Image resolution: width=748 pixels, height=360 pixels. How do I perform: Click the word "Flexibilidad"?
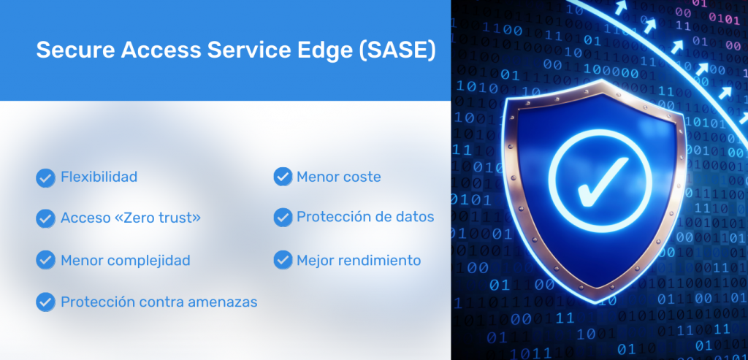pos(99,177)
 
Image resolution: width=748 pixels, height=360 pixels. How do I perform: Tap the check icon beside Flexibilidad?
pos(45,178)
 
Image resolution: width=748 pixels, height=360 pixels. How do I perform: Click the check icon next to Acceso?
pos(45,218)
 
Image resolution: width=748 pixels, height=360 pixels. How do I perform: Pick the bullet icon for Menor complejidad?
pos(45,260)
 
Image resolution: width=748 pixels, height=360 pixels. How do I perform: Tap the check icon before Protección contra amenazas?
pos(45,302)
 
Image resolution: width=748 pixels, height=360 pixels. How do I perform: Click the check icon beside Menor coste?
pos(283,177)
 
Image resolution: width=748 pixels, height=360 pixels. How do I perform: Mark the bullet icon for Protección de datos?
pos(283,217)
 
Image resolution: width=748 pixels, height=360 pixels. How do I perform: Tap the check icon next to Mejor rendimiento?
pos(283,260)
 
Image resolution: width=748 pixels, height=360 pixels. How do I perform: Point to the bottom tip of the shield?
pos(598,303)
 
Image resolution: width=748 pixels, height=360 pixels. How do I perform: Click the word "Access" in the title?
pos(160,50)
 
